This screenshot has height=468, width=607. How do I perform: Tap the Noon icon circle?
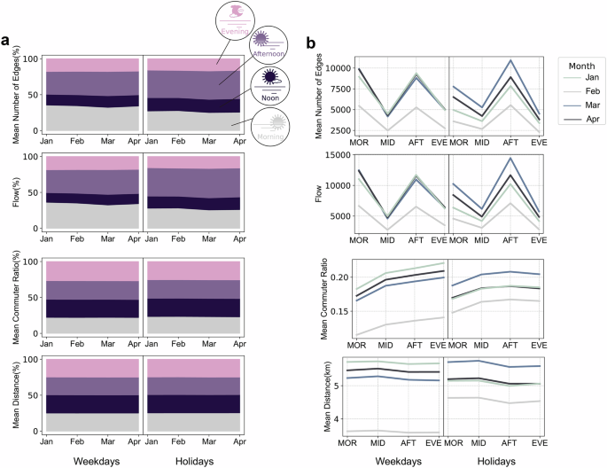point(268,85)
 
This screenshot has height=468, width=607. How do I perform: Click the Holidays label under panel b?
point(496,460)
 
